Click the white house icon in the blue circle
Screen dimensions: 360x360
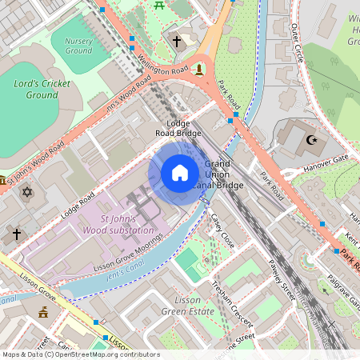[179, 173]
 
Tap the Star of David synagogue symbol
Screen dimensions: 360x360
[26, 193]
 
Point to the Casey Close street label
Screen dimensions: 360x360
[222, 231]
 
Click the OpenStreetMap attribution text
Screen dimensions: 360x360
[81, 354]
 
